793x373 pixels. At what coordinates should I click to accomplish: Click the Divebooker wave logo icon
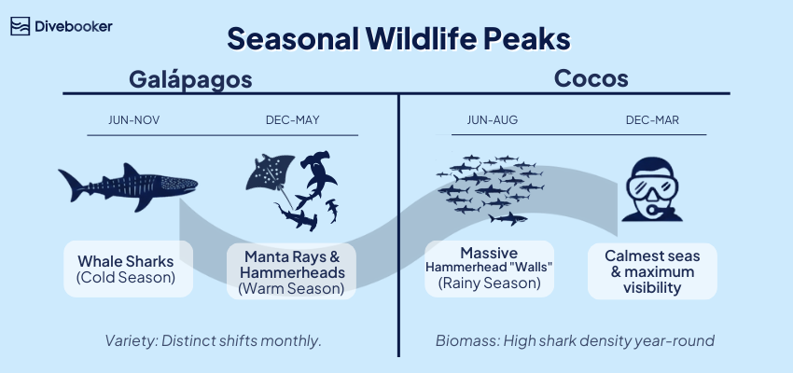(21, 26)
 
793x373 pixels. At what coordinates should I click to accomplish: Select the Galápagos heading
(190, 79)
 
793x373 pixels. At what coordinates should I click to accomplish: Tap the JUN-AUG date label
(491, 120)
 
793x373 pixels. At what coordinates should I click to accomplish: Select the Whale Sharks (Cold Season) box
(128, 269)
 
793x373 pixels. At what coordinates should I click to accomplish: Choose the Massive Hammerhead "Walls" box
(489, 268)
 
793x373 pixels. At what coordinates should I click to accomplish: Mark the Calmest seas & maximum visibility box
(652, 271)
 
